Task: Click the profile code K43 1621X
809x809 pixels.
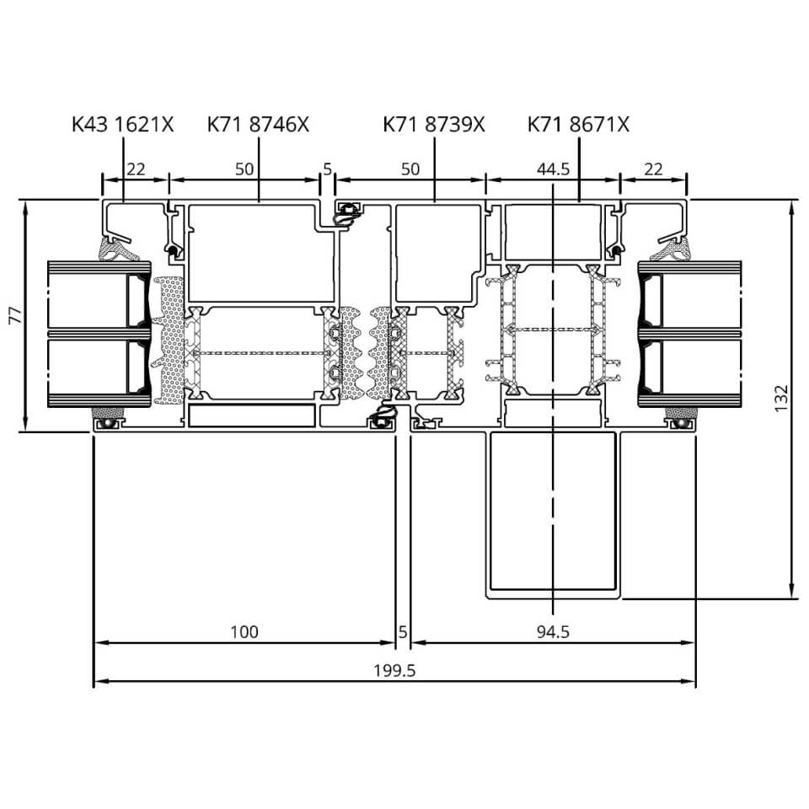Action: click(x=123, y=125)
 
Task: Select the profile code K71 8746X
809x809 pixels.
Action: click(x=258, y=125)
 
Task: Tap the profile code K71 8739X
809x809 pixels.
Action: click(x=434, y=125)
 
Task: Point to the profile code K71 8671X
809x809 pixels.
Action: click(x=578, y=125)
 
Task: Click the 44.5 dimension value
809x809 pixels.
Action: click(x=553, y=169)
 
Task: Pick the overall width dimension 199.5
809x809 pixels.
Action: click(x=394, y=671)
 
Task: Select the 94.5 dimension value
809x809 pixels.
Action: click(x=553, y=632)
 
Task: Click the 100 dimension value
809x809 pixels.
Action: click(x=244, y=632)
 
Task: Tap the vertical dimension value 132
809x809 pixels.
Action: click(x=782, y=399)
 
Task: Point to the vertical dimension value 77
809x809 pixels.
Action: click(x=16, y=315)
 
